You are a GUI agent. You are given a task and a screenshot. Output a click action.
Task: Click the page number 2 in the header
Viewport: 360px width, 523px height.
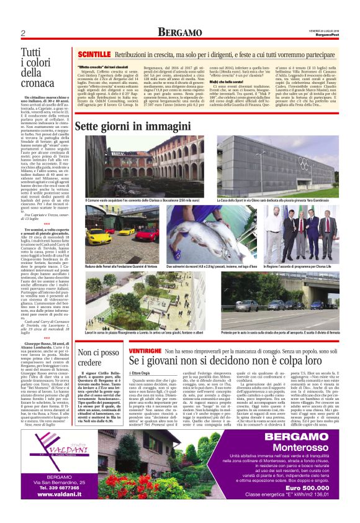coord(22,33)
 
